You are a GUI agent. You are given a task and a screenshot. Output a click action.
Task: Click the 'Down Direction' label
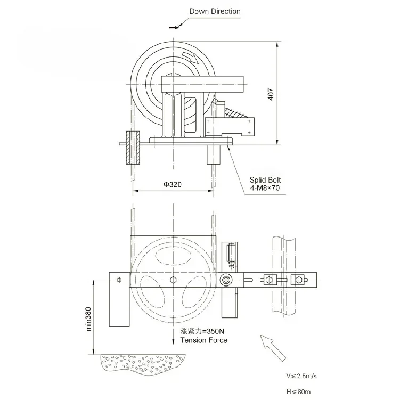point(215,11)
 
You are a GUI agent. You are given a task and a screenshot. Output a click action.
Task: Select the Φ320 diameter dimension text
point(172,184)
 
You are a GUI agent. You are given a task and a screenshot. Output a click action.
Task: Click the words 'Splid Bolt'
point(267,181)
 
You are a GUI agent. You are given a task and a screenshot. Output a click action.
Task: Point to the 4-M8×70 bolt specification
point(267,189)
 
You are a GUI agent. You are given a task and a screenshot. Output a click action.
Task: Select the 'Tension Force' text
point(203,340)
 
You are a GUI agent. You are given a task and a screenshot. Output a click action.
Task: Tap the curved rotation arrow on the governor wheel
point(189,57)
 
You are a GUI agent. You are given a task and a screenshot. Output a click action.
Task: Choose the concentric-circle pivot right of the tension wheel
point(228,279)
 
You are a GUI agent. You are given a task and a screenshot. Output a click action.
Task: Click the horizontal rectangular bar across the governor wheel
point(203,83)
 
